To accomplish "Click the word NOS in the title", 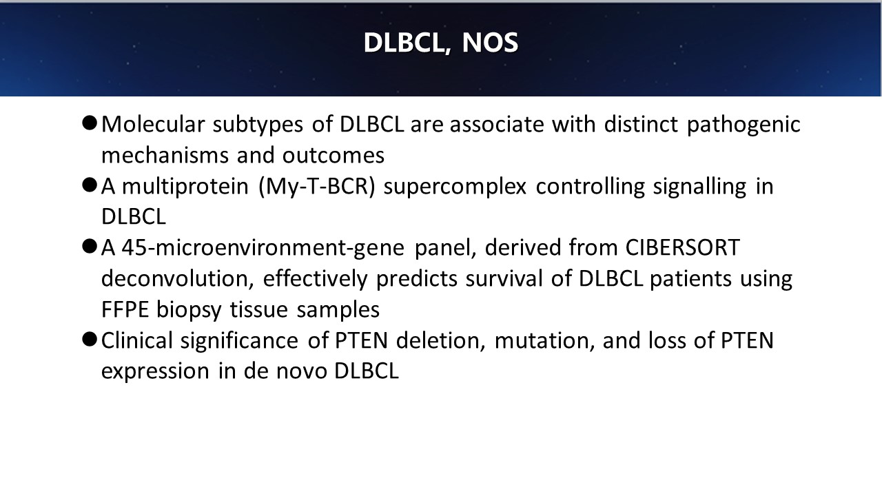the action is pos(490,43).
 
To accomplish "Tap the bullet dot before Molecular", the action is pos(90,123).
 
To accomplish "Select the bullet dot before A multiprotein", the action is pos(90,185).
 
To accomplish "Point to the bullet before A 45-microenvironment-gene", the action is pos(90,247).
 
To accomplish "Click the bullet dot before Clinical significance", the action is pos(90,340).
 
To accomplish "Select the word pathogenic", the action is pos(743,125).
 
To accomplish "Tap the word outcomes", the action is pos(333,156).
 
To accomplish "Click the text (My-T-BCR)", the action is pos(317,186).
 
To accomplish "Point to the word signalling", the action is pos(699,187).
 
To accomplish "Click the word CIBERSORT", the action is pos(682,247).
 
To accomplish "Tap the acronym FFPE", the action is pos(125,309).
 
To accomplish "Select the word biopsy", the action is pos(189,310).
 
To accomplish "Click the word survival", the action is pos(504,279).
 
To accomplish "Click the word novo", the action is pos(302,371).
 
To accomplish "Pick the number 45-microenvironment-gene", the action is pos(263,248).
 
